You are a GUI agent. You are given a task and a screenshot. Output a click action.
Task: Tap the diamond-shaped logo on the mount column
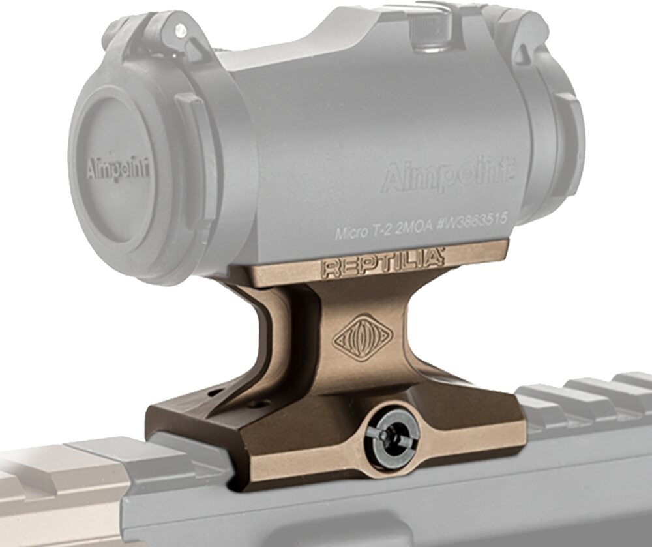click(363, 338)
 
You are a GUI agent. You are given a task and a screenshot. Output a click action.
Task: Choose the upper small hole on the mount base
click(214, 394)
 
